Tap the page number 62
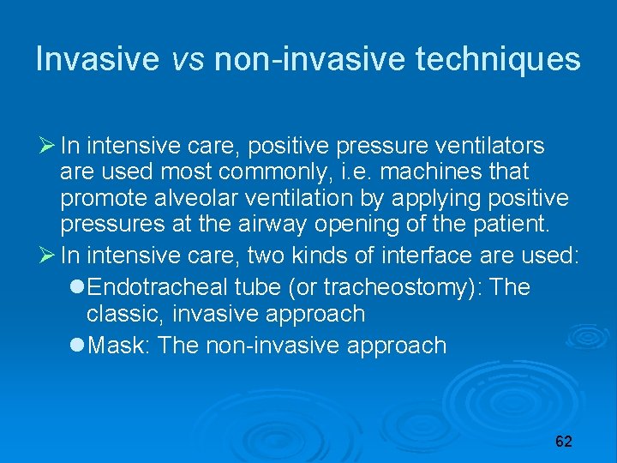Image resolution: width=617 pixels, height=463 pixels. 563,442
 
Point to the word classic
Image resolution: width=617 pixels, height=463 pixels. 125,314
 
